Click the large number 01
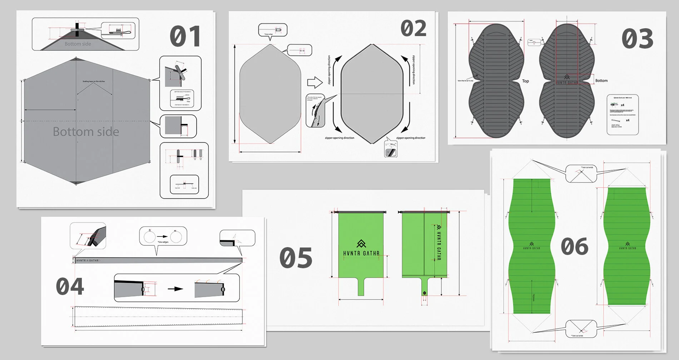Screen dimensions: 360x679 point(185,36)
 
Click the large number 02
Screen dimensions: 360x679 point(413,29)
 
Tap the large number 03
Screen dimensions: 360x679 point(637,39)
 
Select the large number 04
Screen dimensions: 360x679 point(70,286)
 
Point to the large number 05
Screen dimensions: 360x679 point(296,258)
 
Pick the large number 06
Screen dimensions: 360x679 point(574,246)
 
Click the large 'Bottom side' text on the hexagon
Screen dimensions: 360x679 point(86,132)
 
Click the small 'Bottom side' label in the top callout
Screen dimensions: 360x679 point(78,44)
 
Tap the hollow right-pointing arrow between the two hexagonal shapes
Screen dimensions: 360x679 point(315,82)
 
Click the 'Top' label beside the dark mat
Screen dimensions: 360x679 point(525,81)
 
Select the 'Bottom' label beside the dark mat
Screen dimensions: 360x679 point(601,81)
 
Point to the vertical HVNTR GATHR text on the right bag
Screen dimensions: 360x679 point(439,243)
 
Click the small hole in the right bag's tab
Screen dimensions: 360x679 point(424,293)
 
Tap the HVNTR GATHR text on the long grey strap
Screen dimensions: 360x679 point(88,261)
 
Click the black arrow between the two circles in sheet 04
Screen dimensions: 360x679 point(162,236)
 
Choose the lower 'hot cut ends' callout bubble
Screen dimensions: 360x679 point(581,329)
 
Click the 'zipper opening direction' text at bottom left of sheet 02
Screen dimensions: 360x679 point(339,138)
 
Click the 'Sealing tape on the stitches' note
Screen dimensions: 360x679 point(94,81)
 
